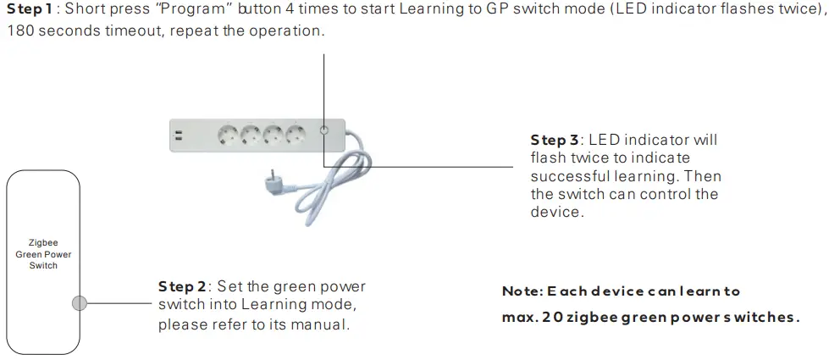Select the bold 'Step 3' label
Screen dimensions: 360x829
click(555, 140)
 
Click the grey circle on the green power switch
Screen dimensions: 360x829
click(80, 302)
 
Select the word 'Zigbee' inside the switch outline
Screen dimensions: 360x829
click(43, 241)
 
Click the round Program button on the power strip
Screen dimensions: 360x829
click(324, 131)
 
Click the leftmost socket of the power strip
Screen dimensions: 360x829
click(229, 133)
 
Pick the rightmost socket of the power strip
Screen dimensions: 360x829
click(296, 133)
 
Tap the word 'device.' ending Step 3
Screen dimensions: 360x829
click(556, 213)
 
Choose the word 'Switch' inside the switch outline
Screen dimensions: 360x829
click(43, 265)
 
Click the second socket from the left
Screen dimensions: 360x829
click(251, 133)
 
